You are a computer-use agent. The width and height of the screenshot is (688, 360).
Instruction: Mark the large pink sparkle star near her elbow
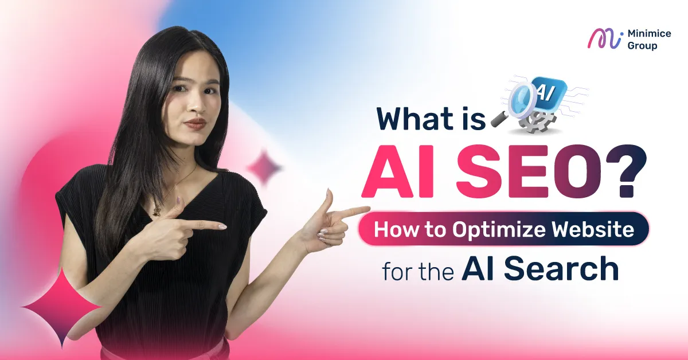61,306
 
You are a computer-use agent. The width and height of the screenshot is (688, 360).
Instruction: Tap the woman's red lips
195,123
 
